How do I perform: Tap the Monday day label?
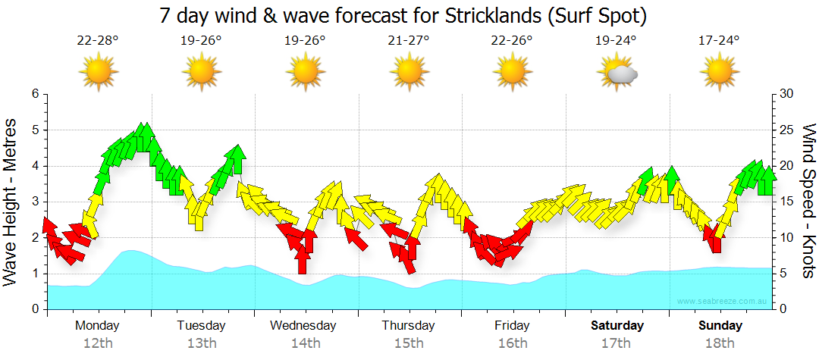click(x=97, y=326)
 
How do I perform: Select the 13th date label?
click(x=201, y=343)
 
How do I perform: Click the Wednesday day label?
click(x=303, y=326)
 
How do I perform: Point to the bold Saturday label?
click(x=617, y=326)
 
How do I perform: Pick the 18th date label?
click(x=720, y=343)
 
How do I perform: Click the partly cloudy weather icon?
click(x=617, y=73)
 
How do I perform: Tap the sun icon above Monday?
click(x=98, y=73)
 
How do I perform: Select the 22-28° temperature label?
click(x=98, y=40)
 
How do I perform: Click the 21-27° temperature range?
click(x=409, y=40)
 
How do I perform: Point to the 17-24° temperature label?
click(x=719, y=40)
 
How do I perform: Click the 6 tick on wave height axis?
click(x=34, y=93)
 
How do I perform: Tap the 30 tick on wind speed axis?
click(x=787, y=93)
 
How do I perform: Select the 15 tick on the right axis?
click(x=787, y=202)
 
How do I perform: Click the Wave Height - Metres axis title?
click(x=12, y=202)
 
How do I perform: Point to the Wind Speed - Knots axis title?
click(x=808, y=202)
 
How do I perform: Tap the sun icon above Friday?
click(x=512, y=73)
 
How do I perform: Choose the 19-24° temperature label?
click(x=616, y=40)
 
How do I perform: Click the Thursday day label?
click(x=408, y=326)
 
